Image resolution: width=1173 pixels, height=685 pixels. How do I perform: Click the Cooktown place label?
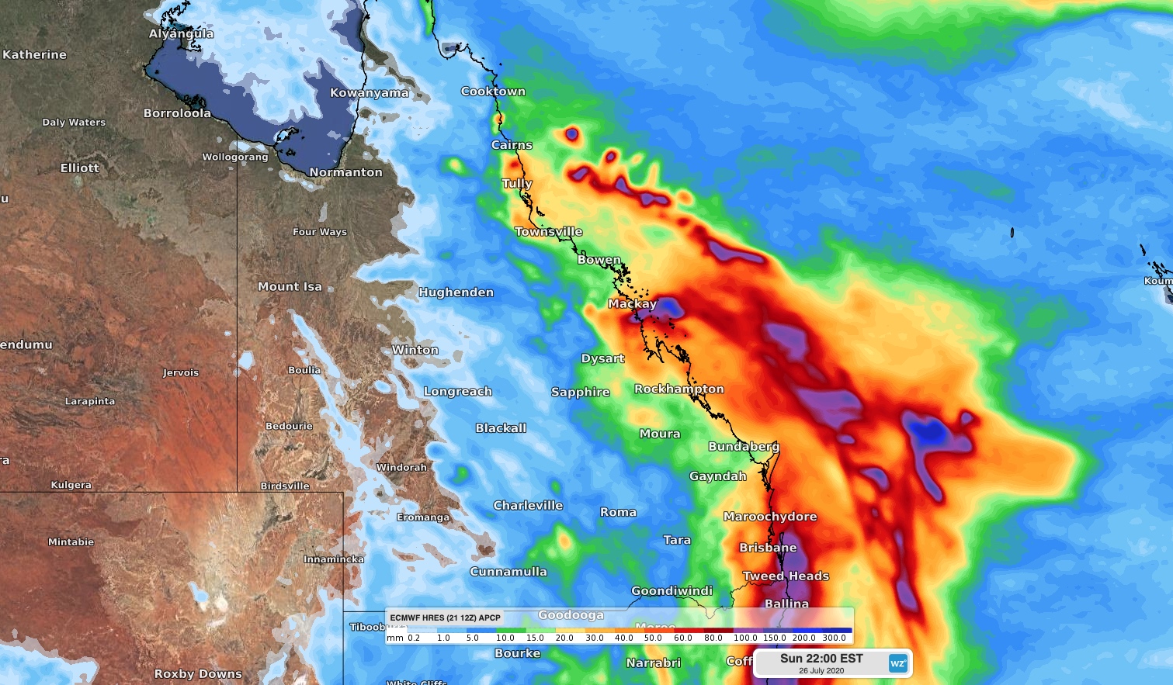click(493, 92)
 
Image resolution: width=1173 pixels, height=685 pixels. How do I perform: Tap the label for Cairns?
click(512, 145)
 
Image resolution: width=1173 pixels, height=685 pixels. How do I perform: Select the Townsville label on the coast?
click(548, 231)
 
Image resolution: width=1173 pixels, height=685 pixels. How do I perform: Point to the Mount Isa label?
click(290, 286)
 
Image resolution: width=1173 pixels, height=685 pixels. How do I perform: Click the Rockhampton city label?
click(678, 389)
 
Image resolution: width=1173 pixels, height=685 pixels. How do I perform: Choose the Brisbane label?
click(768, 548)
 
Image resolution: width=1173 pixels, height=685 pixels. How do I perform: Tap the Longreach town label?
click(457, 391)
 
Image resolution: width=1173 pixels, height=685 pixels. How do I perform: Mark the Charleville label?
click(528, 505)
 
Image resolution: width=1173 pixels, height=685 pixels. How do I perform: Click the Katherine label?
click(34, 54)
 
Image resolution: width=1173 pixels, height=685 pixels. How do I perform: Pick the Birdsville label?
click(284, 486)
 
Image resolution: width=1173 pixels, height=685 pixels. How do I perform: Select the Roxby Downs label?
click(198, 673)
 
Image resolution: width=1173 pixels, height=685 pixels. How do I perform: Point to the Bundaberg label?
click(743, 446)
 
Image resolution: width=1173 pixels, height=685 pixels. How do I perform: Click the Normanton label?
click(345, 172)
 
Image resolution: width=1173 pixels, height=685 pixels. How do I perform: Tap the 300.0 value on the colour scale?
click(835, 638)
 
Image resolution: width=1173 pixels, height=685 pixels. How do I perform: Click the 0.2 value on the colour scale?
click(414, 638)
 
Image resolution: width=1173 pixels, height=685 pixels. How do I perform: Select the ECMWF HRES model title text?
click(445, 618)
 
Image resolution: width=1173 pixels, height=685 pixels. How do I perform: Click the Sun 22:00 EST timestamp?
click(821, 658)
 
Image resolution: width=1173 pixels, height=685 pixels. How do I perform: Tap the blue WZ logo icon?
click(897, 663)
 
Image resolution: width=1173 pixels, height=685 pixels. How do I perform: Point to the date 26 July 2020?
click(821, 671)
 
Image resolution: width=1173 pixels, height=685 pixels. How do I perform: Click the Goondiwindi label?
click(672, 590)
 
